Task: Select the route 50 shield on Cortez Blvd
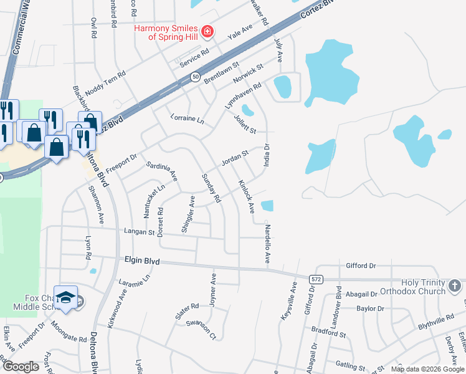196,76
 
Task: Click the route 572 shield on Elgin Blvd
316,279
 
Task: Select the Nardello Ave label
267,244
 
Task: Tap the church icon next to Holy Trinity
455,286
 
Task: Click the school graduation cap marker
65,297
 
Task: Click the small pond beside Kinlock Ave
267,206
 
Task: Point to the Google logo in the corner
21,367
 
